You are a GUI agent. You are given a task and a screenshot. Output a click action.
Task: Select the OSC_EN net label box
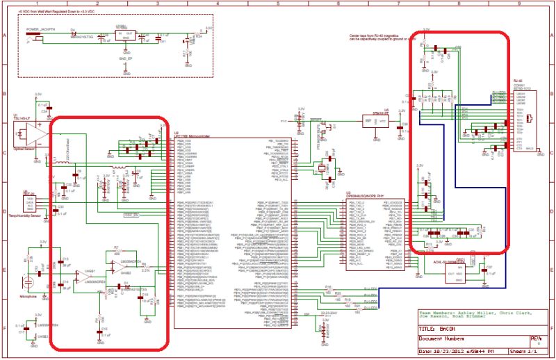coord(131,215)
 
